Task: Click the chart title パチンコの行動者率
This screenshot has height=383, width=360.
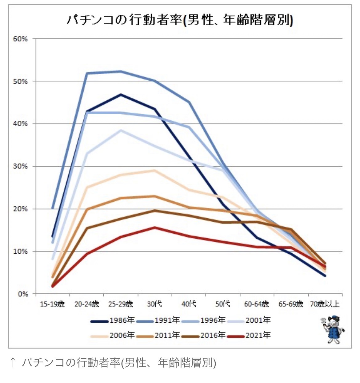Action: click(x=180, y=20)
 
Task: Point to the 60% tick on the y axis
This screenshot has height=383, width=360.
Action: click(x=20, y=39)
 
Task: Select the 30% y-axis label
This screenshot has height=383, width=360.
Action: click(x=20, y=166)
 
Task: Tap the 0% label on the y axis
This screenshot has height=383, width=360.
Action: click(x=23, y=294)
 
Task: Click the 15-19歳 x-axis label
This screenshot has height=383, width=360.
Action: click(x=52, y=304)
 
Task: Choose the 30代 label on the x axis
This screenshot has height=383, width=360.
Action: click(x=154, y=304)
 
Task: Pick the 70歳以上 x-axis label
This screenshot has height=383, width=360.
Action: click(x=325, y=304)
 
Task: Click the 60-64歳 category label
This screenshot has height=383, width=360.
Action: click(x=256, y=304)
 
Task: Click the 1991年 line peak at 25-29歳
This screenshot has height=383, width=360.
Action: click(x=121, y=71)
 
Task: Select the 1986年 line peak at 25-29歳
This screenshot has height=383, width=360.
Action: click(x=121, y=95)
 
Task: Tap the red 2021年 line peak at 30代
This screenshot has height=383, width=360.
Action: click(x=154, y=228)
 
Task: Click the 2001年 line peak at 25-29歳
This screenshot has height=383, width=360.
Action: click(x=121, y=130)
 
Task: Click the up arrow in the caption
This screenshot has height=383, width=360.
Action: click(x=13, y=363)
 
